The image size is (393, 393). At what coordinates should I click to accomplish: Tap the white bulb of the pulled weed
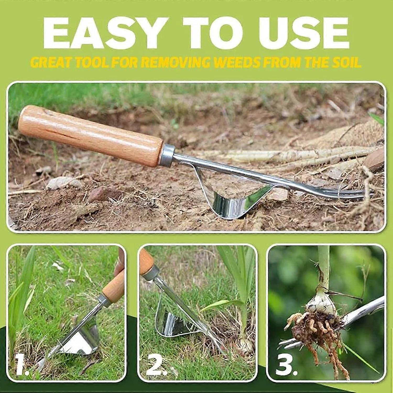(320, 304)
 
